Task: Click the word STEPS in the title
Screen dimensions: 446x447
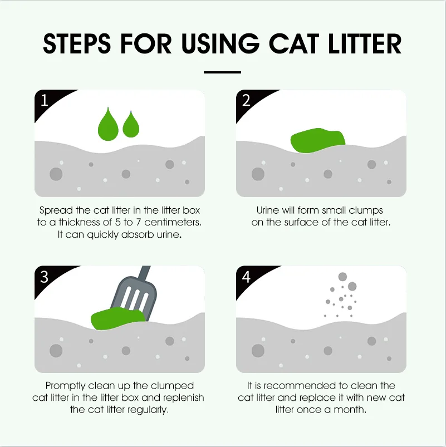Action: (77, 43)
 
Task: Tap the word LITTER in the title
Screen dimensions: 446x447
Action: (365, 43)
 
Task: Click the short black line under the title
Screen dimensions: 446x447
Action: (222, 72)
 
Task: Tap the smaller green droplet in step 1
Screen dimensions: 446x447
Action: (131, 126)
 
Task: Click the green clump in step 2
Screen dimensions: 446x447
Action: (317, 141)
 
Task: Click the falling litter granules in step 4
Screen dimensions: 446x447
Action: (341, 295)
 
